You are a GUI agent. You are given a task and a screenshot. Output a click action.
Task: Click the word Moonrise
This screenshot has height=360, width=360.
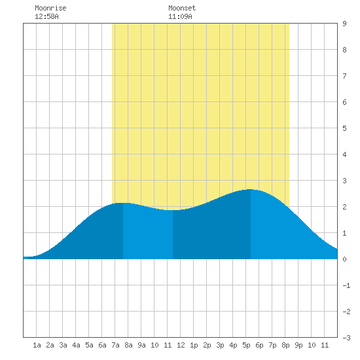tap(50, 8)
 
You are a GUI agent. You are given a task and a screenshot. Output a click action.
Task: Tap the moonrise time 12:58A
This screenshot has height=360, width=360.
tap(46, 16)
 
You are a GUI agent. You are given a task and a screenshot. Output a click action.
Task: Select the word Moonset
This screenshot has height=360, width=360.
tap(182, 8)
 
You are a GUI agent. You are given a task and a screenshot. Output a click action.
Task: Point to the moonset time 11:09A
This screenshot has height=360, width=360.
tap(180, 16)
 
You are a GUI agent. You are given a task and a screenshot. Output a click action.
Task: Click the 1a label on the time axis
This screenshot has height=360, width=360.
tap(37, 345)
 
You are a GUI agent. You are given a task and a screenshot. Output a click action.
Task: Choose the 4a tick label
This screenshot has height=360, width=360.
tap(76, 345)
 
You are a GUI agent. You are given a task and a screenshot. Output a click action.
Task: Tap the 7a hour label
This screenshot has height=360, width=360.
tap(115, 345)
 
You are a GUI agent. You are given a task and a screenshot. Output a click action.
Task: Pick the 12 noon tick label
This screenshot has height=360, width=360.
tap(181, 345)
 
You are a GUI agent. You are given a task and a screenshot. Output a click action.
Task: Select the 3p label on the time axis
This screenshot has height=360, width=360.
tap(220, 345)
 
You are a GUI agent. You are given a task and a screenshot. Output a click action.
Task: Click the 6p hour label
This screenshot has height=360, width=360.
tap(259, 345)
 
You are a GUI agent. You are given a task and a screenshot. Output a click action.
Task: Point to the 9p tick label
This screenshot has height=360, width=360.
tap(298, 345)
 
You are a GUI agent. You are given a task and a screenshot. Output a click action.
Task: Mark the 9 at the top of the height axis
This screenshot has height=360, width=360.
tap(344, 24)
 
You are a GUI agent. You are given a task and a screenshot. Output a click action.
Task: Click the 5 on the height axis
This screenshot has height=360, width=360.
tap(344, 128)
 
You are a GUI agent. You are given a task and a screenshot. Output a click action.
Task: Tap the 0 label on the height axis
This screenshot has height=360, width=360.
tap(344, 259)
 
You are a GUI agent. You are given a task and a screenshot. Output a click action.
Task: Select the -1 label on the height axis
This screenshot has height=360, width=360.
tap(346, 285)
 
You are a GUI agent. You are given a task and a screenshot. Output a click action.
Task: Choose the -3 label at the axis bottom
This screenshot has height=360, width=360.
tap(346, 338)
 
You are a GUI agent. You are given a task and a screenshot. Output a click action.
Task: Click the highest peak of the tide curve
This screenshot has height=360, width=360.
tap(250, 189)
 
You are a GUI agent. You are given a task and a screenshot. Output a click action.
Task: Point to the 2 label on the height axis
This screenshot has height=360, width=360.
tap(344, 207)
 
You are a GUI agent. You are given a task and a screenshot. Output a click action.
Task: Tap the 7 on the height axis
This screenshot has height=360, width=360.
tap(344, 76)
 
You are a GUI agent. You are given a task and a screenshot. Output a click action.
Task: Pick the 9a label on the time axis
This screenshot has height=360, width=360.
tap(141, 345)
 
